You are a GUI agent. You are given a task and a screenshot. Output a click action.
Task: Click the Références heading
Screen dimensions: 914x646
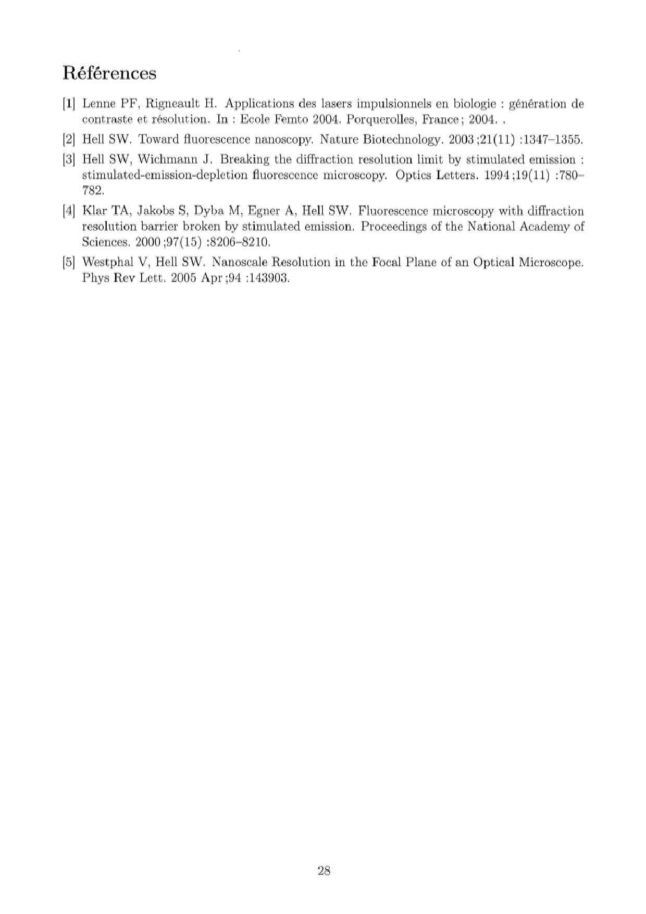(x=109, y=73)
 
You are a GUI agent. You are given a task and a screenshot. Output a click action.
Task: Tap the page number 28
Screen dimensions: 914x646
(x=324, y=870)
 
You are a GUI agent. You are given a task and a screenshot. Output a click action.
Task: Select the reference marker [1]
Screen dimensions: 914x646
(x=69, y=104)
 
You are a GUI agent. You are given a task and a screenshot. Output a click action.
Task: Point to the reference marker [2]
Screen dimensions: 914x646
(x=69, y=139)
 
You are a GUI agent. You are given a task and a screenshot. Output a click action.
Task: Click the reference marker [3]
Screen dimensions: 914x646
(x=69, y=159)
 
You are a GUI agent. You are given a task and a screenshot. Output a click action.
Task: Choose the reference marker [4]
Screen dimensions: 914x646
(x=69, y=211)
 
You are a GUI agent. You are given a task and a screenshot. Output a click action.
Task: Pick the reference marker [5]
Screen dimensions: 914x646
(x=69, y=262)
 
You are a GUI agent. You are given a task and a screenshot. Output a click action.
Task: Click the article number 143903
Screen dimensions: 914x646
(x=268, y=278)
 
